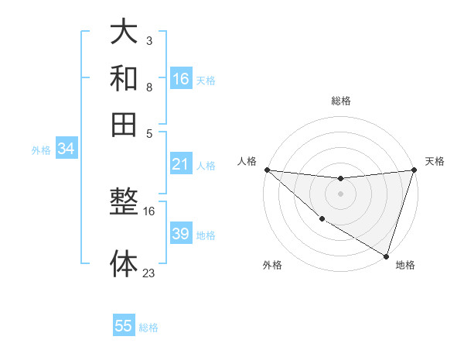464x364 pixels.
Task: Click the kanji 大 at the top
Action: pos(124,32)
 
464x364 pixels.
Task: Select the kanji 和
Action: pos(124,77)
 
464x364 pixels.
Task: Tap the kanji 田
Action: pos(124,123)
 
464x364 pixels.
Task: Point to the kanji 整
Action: pos(124,204)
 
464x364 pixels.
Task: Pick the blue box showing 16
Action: pos(181,78)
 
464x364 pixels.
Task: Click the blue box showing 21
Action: pos(181,164)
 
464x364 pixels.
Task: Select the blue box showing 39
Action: pos(181,234)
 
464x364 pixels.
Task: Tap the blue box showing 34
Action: pos(66,149)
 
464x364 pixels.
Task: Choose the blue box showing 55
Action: pos(124,326)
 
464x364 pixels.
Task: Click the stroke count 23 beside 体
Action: pos(149,273)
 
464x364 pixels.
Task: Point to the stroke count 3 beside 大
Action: pos(148,40)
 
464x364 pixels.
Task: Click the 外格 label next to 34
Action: pos(41,150)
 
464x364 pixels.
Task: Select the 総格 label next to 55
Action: pos(148,328)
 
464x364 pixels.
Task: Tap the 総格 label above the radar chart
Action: pos(341,101)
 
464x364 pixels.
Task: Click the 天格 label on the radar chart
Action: pos(435,161)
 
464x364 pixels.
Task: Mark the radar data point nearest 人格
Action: pos(267,170)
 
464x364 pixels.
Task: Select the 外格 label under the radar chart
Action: pos(272,265)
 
